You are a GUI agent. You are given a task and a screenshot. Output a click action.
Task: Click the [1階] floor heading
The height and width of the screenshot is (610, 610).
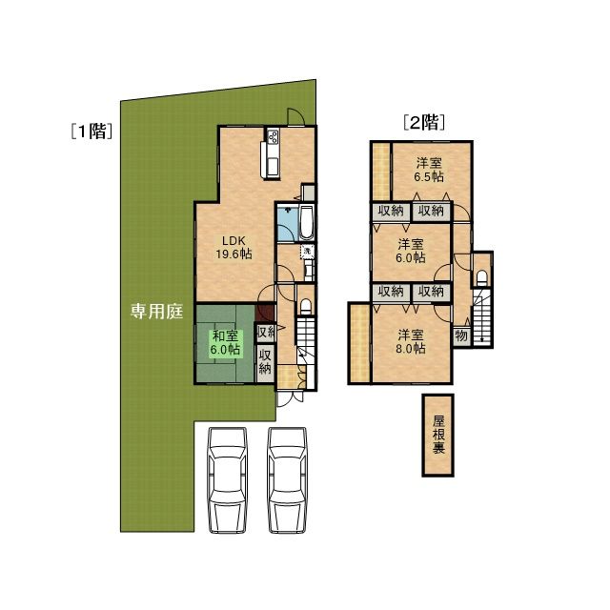[92, 132]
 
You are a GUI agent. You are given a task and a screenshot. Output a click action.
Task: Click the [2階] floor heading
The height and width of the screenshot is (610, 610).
[424, 122]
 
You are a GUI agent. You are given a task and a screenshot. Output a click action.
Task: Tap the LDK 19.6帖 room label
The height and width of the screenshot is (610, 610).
[234, 248]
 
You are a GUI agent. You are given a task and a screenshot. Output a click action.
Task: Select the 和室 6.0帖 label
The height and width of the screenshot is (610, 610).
[225, 342]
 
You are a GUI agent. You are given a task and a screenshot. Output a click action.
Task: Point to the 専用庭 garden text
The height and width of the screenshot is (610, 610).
[156, 312]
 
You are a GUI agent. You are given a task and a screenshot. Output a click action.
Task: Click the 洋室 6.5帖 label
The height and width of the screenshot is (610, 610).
[429, 170]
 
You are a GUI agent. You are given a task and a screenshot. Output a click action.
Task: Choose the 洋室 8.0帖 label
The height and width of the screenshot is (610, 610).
[411, 341]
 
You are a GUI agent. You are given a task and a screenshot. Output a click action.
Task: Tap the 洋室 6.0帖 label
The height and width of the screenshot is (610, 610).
[411, 251]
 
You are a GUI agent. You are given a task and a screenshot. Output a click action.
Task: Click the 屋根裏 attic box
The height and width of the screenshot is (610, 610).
[438, 435]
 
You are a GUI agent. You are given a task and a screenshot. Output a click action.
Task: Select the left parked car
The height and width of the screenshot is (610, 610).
[228, 480]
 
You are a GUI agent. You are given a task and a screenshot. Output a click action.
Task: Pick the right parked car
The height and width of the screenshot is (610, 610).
[288, 480]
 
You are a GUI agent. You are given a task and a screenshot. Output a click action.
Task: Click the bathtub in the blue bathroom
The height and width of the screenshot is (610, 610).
[306, 223]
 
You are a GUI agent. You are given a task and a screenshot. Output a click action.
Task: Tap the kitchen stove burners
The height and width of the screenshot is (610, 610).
[273, 136]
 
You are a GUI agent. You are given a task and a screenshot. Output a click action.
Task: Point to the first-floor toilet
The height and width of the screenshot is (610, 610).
[306, 306]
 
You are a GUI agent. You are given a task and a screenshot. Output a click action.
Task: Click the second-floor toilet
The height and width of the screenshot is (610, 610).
[482, 277]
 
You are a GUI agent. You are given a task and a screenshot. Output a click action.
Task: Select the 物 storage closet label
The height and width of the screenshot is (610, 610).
[461, 335]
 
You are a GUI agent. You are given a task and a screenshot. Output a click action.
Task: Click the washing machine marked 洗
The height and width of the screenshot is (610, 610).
[307, 252]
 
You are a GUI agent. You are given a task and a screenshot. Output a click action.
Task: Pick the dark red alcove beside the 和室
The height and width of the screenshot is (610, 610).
[265, 313]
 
